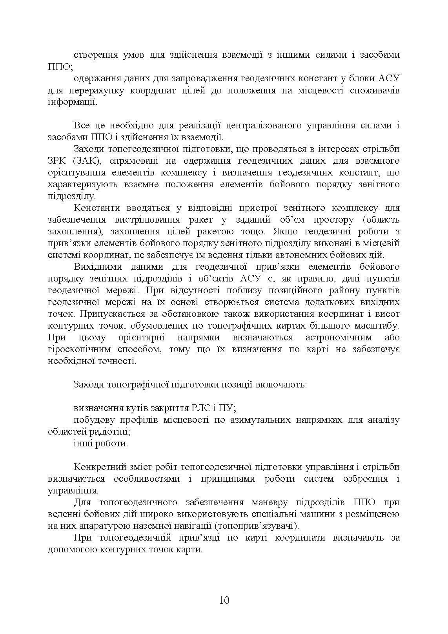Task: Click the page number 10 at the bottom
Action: pyautogui.click(x=224, y=600)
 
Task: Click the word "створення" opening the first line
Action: pyautogui.click(x=93, y=55)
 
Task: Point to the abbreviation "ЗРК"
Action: pyautogui.click(x=56, y=161)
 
